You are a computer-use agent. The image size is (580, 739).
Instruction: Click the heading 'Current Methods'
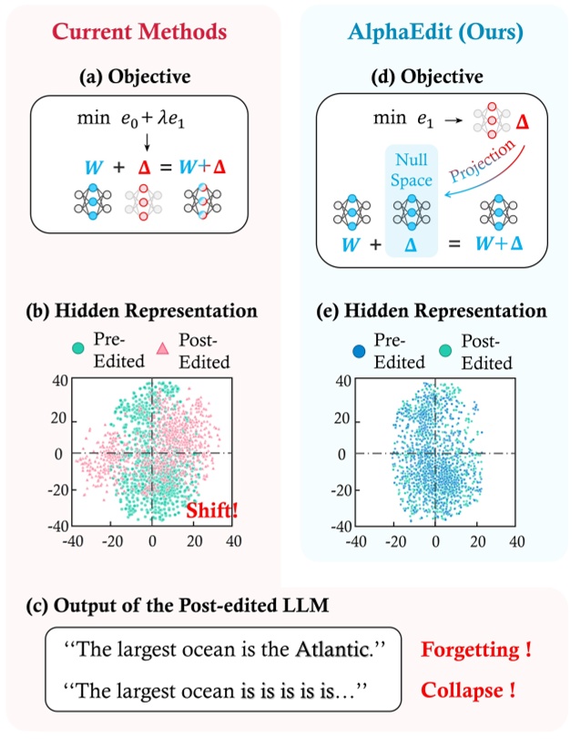tap(139, 31)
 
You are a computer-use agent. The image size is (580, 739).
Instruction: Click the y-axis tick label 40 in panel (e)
tap(341, 382)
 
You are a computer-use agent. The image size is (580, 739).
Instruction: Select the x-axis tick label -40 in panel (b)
tap(69, 541)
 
